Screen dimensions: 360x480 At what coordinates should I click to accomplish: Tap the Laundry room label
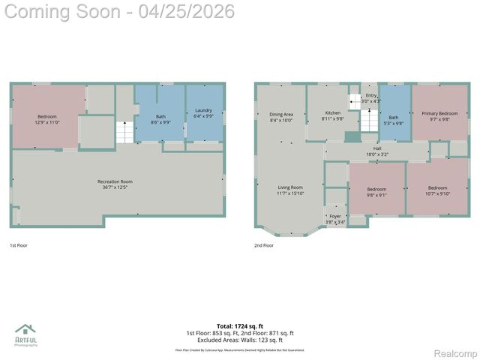pyautogui.click(x=203, y=114)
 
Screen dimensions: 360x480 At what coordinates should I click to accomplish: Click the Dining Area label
pyautogui.click(x=281, y=117)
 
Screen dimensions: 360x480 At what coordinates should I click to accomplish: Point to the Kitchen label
pyautogui.click(x=332, y=116)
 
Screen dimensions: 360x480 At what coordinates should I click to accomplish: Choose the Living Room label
pyautogui.click(x=290, y=190)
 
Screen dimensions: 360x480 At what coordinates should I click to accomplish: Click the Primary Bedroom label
pyautogui.click(x=439, y=115)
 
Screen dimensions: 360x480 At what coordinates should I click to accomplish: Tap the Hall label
pyautogui.click(x=377, y=150)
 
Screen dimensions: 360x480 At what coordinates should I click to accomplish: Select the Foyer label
pyautogui.click(x=335, y=219)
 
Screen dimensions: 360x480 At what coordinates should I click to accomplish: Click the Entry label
pyautogui.click(x=371, y=97)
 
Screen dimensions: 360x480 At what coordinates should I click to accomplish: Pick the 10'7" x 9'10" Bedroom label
pyautogui.click(x=437, y=191)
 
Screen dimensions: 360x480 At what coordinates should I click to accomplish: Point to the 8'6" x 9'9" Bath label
pyautogui.click(x=160, y=119)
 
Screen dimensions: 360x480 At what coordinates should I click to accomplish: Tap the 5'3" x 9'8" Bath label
pyautogui.click(x=394, y=119)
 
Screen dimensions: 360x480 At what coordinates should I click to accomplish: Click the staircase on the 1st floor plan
pyautogui.click(x=124, y=133)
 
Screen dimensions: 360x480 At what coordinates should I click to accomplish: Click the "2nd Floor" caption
pyautogui.click(x=264, y=245)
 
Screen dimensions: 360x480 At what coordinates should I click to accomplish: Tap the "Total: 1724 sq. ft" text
pyautogui.click(x=240, y=325)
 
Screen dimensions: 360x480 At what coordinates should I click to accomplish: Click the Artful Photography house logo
pyautogui.click(x=25, y=329)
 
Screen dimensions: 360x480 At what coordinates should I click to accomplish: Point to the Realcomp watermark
pyautogui.click(x=455, y=353)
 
